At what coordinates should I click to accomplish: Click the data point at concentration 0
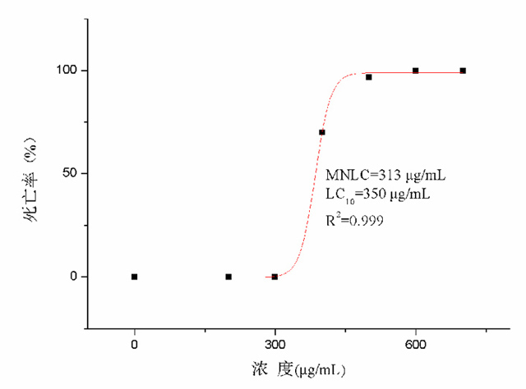[134, 277]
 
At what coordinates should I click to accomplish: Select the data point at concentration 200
[228, 277]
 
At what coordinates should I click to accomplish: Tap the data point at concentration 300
[275, 277]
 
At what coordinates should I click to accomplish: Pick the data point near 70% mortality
[322, 132]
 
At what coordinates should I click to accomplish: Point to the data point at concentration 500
[369, 77]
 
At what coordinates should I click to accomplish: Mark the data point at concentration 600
[416, 71]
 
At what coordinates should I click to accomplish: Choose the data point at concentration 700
[463, 71]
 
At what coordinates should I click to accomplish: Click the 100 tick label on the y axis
[67, 71]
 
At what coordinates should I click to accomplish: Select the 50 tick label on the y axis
[70, 173]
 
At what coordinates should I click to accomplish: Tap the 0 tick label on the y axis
[74, 277]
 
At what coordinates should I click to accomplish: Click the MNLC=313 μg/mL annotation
[385, 176]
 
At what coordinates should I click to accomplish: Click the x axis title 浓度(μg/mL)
[299, 370]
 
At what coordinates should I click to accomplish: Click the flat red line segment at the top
[436, 73]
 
